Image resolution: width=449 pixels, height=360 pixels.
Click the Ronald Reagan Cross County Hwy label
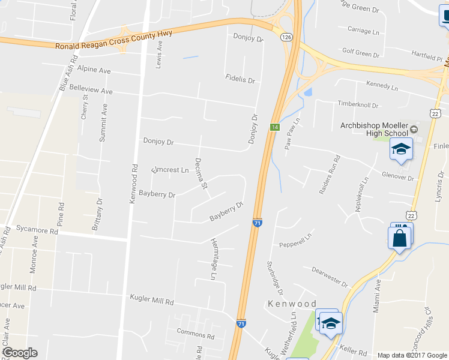113,40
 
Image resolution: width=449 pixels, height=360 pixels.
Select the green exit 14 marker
274,127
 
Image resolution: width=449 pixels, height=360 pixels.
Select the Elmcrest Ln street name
170,170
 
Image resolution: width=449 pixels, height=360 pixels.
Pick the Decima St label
200,174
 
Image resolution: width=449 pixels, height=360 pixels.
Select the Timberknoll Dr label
358,105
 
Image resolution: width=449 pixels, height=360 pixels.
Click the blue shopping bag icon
400,238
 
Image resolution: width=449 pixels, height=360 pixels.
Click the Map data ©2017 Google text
412,355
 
